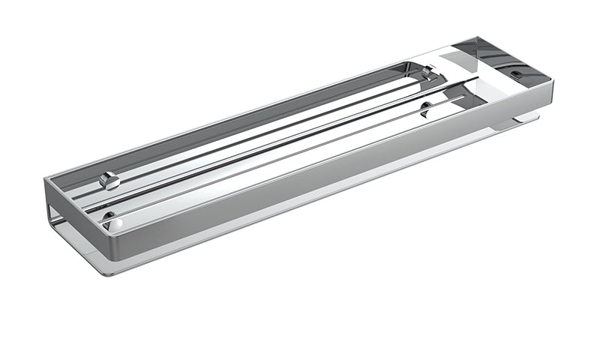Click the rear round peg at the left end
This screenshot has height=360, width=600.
(x=110, y=181)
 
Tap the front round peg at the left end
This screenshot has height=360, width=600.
(x=109, y=220)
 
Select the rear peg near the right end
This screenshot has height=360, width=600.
(x=427, y=72)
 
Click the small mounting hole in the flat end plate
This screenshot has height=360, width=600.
(x=516, y=74)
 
